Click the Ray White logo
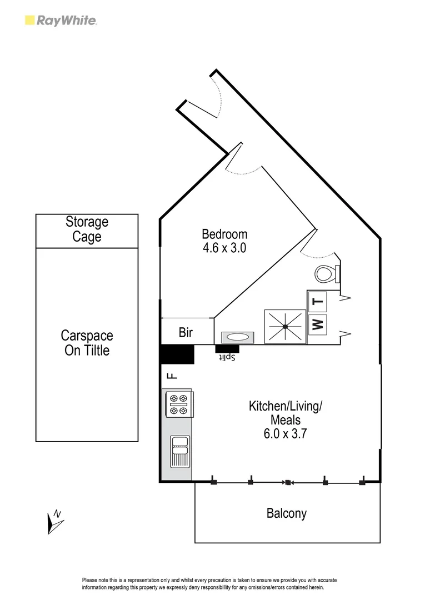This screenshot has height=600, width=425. tap(61, 21)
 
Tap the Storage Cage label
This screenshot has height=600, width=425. tap(87, 229)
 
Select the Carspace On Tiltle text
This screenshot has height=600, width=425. tap(87, 343)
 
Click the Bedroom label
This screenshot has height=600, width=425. tap(224, 234)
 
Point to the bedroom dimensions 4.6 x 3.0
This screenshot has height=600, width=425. tap(224, 248)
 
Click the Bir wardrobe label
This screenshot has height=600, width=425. tap(186, 333)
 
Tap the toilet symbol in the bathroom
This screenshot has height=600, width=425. tap(326, 273)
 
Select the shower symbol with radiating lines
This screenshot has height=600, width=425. tap(285, 327)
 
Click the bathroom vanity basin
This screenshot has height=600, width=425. tap(237, 337)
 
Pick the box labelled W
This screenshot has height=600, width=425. tap(318, 324)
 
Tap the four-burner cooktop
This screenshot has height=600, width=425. tap(178, 404)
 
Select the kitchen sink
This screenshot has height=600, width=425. tap(180, 451)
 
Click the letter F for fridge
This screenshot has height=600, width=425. tap(172, 376)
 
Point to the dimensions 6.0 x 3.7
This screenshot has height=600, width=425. tap(286, 434)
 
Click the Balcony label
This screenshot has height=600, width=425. tap(287, 513)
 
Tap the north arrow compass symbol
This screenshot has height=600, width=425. tap(55, 522)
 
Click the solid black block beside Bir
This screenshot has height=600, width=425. tap(177, 354)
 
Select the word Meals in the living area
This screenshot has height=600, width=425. tap(286, 420)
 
